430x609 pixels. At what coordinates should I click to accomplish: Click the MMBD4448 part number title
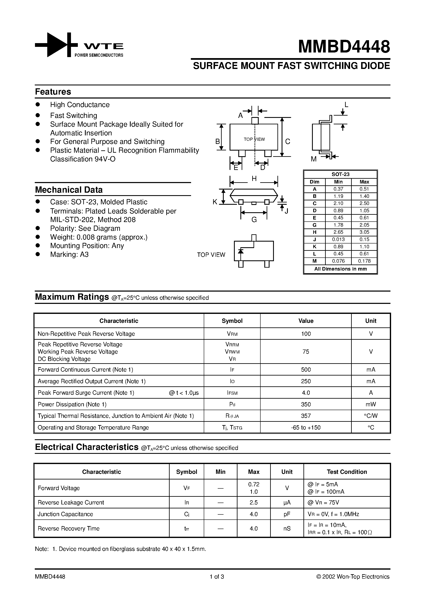[344, 47]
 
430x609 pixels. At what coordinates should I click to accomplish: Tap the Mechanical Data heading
[69, 190]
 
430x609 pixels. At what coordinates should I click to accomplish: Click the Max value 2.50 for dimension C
[364, 203]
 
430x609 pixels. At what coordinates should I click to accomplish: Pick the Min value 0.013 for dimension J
[338, 239]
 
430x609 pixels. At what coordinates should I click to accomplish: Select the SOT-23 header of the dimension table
[340, 175]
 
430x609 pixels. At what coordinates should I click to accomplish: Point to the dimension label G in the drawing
[254, 220]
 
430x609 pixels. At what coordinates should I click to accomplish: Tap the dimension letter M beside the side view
[314, 159]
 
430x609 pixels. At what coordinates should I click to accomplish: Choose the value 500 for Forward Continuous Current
[306, 370]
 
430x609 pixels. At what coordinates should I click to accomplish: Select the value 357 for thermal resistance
[306, 416]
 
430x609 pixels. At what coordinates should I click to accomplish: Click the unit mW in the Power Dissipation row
[371, 404]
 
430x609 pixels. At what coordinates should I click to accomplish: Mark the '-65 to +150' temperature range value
[306, 428]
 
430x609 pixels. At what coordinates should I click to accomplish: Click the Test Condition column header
[347, 472]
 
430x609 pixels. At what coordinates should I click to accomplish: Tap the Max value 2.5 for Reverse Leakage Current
[254, 503]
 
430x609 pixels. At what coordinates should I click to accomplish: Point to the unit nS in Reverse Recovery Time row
[287, 529]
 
